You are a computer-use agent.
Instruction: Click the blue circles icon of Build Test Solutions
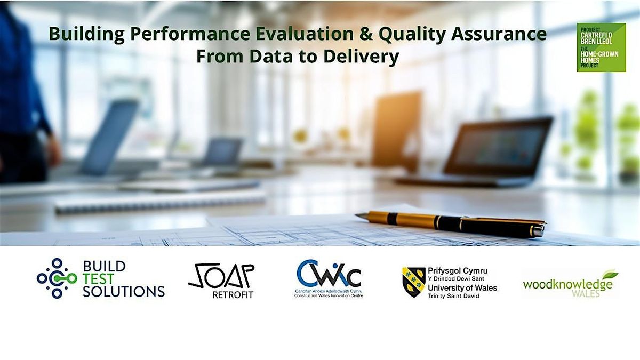[53, 278]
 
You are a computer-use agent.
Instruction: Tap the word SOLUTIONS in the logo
[124, 291]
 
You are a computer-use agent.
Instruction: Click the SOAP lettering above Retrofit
[221, 276]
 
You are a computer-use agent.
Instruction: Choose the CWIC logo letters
[328, 274]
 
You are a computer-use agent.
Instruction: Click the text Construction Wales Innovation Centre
[328, 295]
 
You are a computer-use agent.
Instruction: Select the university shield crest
[413, 282]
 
